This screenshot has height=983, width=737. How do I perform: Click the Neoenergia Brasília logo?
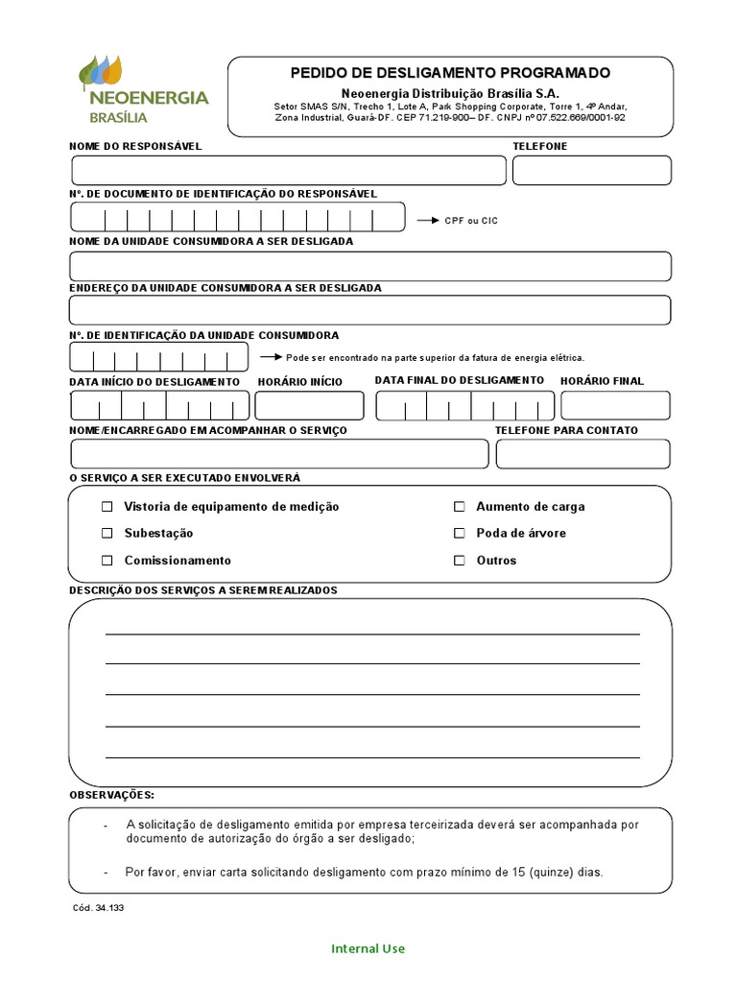coord(143,91)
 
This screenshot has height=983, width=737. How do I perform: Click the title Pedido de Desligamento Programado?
coord(450,73)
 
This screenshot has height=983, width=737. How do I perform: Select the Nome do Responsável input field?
coord(288,170)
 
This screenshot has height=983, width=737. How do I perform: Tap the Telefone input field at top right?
coord(591,170)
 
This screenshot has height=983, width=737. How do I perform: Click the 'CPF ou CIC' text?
coord(470,221)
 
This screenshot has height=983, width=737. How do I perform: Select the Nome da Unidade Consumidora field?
coord(369,266)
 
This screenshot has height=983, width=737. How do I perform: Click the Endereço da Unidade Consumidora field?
coord(369,310)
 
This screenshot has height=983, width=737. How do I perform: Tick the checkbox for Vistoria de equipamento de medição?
coord(107,507)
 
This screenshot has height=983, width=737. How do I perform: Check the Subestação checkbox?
coord(107,534)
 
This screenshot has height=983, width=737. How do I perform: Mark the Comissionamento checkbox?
coord(107,561)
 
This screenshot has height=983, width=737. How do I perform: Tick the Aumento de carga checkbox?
coord(460,507)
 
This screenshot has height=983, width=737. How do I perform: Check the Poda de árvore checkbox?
coord(460,534)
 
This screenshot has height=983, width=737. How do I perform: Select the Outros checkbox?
coord(460,561)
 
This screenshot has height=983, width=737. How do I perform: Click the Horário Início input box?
coord(310,406)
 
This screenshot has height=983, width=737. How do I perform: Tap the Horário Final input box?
coord(615,406)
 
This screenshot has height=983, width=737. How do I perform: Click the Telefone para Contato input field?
coord(582,454)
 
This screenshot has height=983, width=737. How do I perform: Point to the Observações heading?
coord(111,796)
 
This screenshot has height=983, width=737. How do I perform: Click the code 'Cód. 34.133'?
coord(97,907)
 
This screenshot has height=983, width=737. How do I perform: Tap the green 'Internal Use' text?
coord(368,948)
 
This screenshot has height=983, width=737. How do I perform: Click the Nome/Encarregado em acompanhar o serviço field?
coord(279,454)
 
